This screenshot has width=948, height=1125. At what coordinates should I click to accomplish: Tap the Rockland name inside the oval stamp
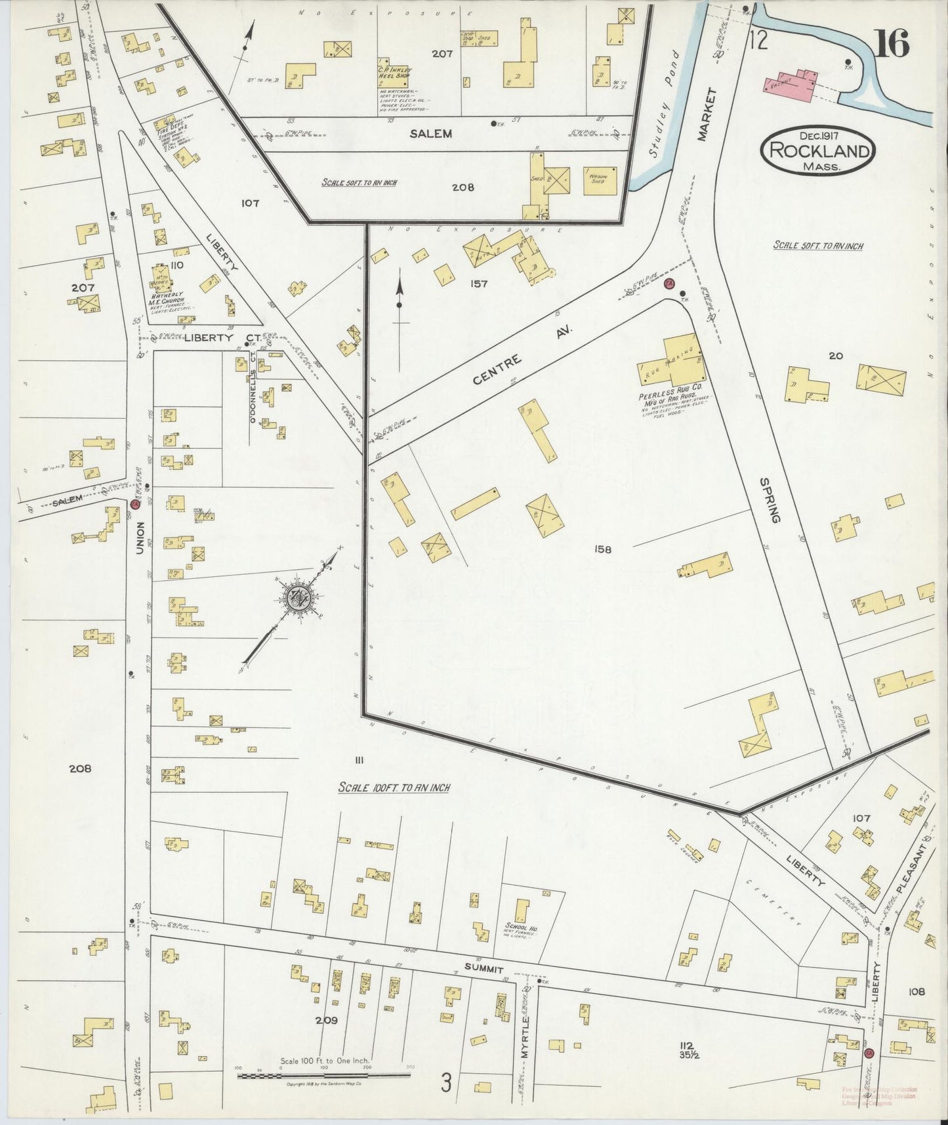pos(817,151)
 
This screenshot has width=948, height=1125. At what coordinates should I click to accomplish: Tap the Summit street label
pos(484,969)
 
